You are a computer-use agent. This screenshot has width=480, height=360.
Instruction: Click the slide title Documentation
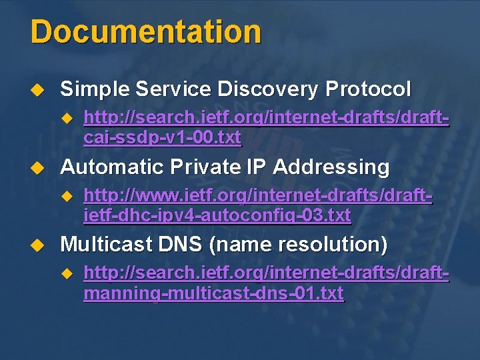(x=145, y=32)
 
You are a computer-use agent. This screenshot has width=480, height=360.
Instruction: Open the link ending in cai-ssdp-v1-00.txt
(x=266, y=128)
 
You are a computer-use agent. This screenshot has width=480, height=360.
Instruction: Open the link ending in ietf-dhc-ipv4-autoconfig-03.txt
(x=258, y=206)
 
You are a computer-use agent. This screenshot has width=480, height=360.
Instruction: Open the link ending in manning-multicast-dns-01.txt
(x=266, y=284)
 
